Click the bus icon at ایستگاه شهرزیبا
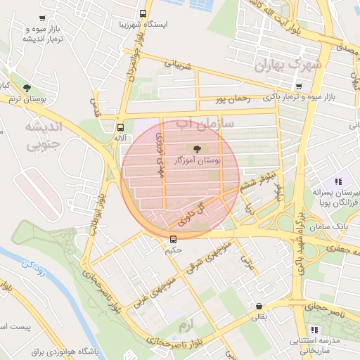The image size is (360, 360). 144,13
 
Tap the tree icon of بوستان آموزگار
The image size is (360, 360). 195,148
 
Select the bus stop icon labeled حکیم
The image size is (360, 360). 174,238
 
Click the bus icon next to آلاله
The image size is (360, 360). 120,127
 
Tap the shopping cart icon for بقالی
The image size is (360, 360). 260,307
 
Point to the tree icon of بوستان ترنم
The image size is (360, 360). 27,88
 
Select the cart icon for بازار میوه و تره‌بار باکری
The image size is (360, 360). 299,86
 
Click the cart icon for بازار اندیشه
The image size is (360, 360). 43,18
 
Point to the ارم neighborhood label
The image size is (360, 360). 186,326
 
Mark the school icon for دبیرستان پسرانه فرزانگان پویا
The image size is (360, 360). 338,181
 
